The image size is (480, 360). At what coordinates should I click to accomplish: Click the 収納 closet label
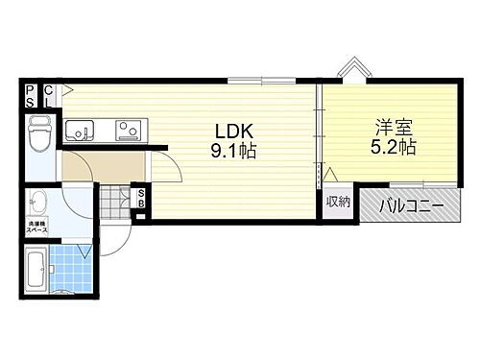[x=337, y=202]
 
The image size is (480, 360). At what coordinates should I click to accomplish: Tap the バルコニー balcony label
[x=411, y=204]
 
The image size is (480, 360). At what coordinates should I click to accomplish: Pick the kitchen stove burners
[x=127, y=128]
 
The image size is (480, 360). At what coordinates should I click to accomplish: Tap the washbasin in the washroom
[x=39, y=204]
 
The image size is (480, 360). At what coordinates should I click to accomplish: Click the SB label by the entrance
[x=140, y=202]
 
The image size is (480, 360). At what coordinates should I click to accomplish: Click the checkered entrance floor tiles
[x=115, y=204]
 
